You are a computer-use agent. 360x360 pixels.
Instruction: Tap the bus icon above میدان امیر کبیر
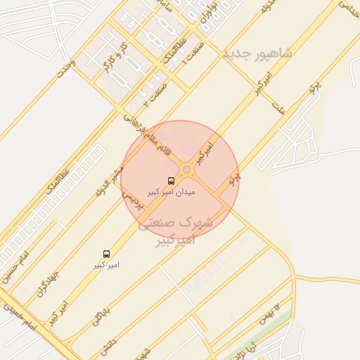[172, 180]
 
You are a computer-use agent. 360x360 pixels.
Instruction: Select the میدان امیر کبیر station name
[172, 191]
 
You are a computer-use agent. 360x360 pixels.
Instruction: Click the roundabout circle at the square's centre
[186, 169]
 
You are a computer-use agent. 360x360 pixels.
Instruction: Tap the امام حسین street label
[17, 264]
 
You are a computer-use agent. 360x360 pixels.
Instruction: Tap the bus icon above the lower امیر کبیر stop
[106, 253]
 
